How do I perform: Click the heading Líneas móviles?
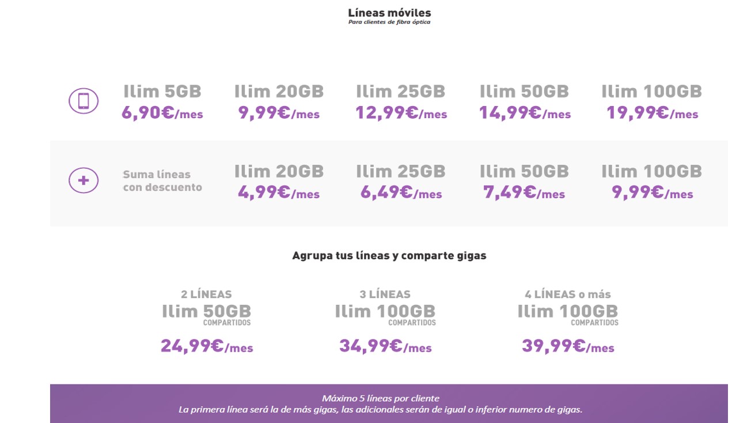389,13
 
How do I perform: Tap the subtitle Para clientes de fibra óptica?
389,22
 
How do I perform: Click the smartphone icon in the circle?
84,101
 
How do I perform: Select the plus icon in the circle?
84,180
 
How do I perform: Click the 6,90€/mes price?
162,113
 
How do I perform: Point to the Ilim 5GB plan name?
162,92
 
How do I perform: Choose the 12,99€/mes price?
401,113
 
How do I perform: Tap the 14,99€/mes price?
525,113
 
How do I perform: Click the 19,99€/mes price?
651,113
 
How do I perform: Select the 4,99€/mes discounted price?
279,192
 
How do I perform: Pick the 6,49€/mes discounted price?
401,192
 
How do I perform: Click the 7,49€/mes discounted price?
524,192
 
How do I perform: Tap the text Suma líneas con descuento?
162,180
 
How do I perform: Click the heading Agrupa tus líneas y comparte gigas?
389,255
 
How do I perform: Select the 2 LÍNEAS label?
206,294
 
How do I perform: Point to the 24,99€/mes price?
206,346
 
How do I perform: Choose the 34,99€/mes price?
385,346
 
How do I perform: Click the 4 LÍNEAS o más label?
567,294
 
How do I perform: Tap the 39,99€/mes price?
567,346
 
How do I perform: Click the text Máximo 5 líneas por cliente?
380,398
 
